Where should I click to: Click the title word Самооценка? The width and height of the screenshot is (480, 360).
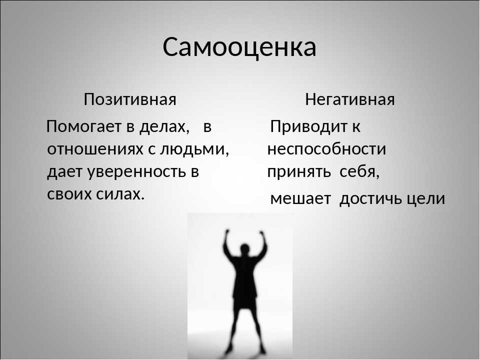[239, 47]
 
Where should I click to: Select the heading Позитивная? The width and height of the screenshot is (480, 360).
[130, 99]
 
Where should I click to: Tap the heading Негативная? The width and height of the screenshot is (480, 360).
[350, 99]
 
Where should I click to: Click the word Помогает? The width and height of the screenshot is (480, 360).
[84, 126]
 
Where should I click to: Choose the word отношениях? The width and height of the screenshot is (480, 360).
[95, 149]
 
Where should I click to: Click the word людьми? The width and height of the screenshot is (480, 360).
[194, 149]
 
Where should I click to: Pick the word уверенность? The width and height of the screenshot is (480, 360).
[137, 172]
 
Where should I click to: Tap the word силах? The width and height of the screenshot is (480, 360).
[120, 194]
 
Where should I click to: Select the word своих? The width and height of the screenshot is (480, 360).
[69, 194]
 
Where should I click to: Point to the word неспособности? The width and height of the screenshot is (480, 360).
[326, 149]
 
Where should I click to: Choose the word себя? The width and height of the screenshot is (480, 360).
[359, 171]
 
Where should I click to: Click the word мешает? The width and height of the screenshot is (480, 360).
[300, 198]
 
